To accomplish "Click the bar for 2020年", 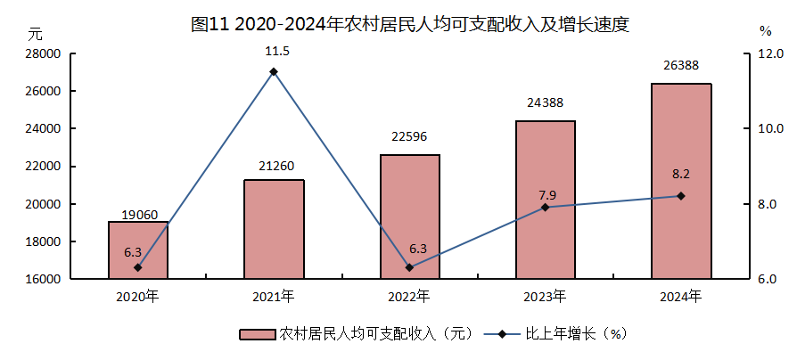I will coord(138,250).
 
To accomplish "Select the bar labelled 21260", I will coord(274,229).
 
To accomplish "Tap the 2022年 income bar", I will coord(409,217).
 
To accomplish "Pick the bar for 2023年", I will coord(545,200).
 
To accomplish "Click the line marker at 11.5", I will coord(274,71).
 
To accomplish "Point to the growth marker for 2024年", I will coord(681,196).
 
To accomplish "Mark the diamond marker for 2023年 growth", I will coord(545,207).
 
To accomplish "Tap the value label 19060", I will coord(138,214).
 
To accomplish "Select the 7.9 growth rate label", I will coord(545,193).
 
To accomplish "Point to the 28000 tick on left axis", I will coord(43,53).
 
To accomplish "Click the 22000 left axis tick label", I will coord(43,167).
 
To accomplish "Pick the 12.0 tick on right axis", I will coord(768,53).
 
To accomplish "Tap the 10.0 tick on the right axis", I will coord(768,129).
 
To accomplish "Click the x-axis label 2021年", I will coord(274,295).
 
